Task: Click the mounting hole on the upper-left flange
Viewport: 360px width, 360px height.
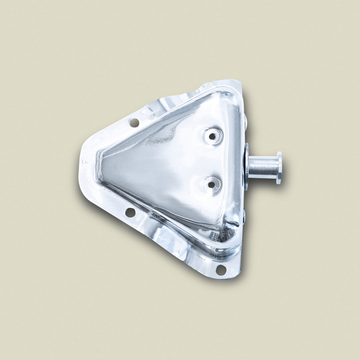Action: point(134,122)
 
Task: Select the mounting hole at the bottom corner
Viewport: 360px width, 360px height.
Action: point(221,269)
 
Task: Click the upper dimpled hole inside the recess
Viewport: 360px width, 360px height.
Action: point(212,136)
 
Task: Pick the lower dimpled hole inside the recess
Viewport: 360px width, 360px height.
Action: point(211,184)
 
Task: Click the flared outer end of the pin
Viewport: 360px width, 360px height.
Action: point(279,168)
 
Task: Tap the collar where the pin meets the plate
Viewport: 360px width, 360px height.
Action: point(246,166)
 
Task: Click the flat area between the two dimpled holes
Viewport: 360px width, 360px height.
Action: point(212,160)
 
